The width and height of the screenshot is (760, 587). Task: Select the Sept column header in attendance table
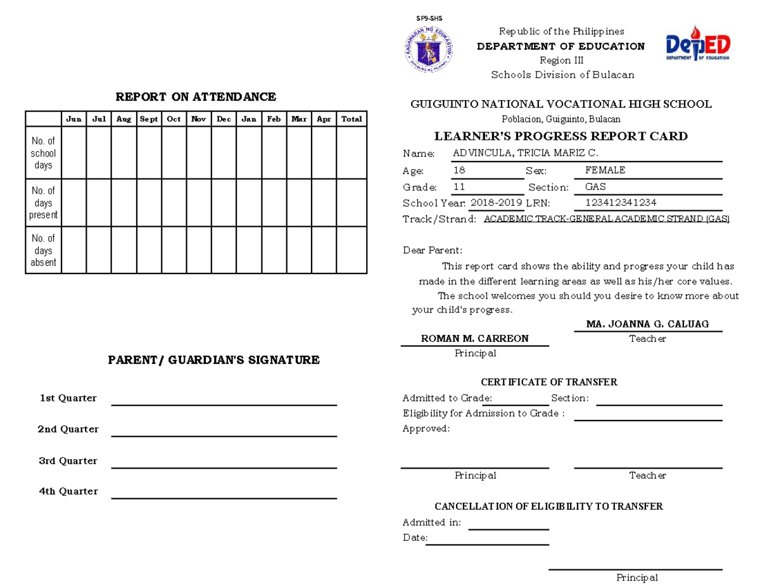[x=149, y=119]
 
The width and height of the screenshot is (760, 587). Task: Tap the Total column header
[x=351, y=119]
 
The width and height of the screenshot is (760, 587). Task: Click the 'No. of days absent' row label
[x=44, y=250]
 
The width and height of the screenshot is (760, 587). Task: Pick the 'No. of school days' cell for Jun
[x=73, y=153]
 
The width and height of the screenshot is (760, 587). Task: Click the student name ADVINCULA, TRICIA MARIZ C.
[x=525, y=153]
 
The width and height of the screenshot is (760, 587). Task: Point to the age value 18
[x=459, y=170]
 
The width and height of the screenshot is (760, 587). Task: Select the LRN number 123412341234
[x=621, y=203]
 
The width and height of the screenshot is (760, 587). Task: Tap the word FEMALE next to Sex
[x=605, y=170]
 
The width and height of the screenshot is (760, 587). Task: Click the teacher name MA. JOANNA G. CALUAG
[x=647, y=324]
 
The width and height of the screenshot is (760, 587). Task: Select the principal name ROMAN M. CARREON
[x=475, y=339]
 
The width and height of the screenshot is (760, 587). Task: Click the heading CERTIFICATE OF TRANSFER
[x=548, y=382]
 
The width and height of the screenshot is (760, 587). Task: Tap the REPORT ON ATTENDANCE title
[x=195, y=97]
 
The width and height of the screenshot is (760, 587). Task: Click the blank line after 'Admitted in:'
[x=508, y=529]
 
